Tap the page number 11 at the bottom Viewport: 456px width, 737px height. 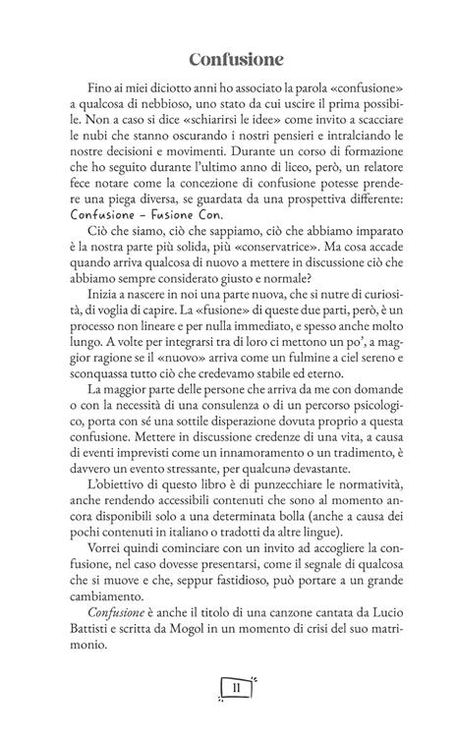[x=236, y=687]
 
